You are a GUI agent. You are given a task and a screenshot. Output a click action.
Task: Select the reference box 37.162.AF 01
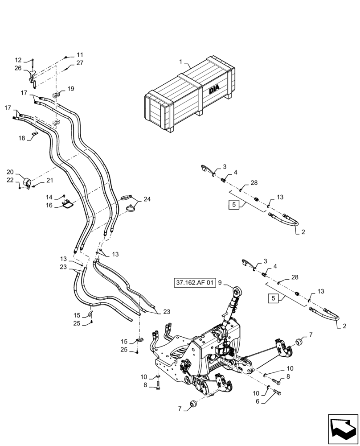pos(195,282)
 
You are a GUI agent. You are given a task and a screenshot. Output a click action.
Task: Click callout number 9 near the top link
pos(220,282)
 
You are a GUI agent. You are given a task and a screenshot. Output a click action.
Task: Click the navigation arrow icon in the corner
pos(343,429)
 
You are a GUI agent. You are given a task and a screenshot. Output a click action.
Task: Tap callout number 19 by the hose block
pos(71,89)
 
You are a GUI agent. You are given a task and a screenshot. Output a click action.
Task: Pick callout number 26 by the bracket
pos(18,68)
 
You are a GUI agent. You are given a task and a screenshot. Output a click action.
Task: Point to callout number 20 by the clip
pos(10,172)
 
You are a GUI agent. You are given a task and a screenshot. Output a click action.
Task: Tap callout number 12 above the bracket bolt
pos(18,60)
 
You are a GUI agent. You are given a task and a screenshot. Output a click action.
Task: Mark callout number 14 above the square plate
pos(49,197)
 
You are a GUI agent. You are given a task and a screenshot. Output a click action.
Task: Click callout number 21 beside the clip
pos(49,180)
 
